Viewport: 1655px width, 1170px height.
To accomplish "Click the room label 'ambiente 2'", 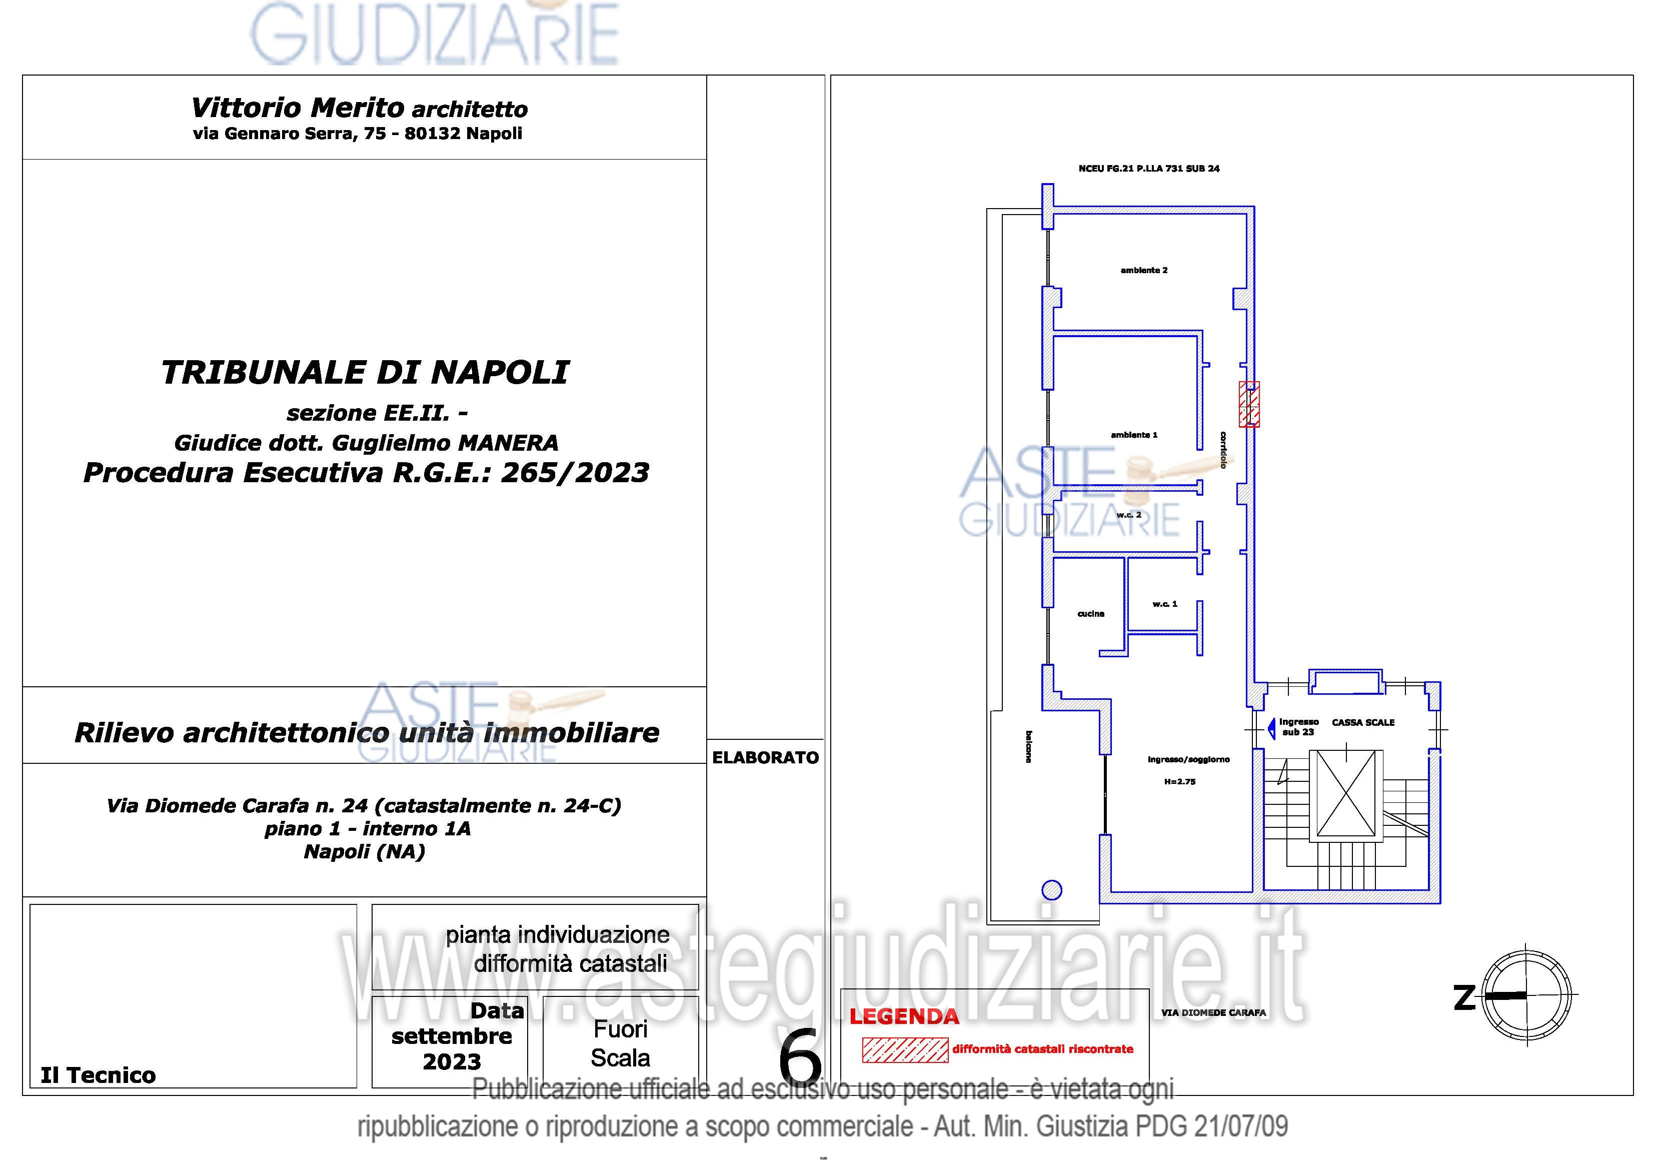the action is pos(1144,270).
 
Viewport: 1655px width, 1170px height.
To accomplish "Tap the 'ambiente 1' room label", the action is pos(1134,435).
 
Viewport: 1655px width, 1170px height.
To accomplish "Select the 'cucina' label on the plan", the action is pos(1091,613).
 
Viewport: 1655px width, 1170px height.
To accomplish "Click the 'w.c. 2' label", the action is pos(1129,515).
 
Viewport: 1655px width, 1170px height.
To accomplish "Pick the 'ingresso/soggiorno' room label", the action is pos(1189,759).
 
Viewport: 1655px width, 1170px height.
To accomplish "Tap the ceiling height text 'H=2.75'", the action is pos(1180,781).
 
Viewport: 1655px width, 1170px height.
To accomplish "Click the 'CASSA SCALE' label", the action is pos(1363,722).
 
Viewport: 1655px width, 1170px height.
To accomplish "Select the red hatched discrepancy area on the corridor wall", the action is pos(1249,404).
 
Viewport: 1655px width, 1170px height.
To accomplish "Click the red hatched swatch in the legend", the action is pos(905,1050).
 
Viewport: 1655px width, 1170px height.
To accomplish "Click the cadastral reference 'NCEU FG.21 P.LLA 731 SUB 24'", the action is pos(1149,169).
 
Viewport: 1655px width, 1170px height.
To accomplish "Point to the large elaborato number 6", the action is pos(800,1057).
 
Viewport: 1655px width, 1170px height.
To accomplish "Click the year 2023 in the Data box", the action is pos(452,1062).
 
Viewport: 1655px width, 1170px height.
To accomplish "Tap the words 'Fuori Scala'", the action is pos(621,1043).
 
